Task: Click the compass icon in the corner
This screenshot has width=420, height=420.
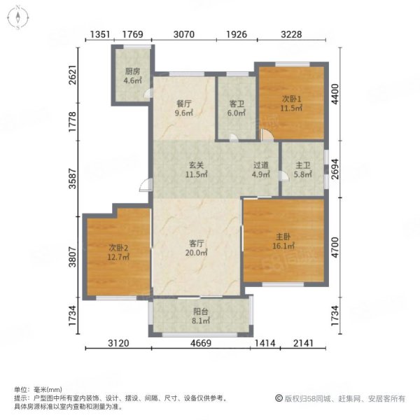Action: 17,17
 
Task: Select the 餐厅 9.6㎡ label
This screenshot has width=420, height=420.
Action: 183,108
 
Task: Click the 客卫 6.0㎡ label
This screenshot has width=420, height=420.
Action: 237,108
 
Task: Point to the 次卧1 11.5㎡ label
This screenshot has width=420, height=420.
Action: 291,104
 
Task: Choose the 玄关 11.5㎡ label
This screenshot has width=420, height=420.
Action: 196,169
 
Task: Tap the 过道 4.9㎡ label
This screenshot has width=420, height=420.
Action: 261,169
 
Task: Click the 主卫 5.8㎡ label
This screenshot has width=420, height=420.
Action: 302,169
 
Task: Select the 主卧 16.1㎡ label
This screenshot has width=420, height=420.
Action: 283,241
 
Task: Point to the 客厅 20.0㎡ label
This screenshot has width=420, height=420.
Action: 196,248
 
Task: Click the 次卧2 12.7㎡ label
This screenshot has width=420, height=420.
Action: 118,252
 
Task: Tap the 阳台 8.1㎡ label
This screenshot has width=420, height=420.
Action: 201,316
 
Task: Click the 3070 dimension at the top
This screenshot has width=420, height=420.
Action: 183,34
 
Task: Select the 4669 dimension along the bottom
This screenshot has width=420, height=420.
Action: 201,343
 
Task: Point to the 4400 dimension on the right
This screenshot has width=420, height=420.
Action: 335,94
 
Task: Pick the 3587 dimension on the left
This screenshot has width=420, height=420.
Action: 73,178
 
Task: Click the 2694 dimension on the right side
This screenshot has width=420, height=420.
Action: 335,169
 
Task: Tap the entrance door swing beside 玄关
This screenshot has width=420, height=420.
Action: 145,185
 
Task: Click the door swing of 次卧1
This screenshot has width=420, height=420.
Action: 267,134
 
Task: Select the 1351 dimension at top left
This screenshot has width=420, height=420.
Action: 100,34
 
